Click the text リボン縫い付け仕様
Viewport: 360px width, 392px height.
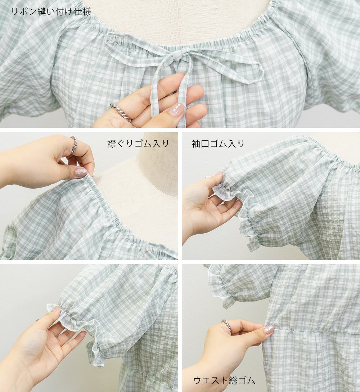[x=51, y=12]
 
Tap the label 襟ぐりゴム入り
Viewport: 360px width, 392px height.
[x=138, y=144]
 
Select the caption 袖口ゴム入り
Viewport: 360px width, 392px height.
[x=218, y=144]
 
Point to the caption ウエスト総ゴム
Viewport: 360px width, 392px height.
[x=224, y=380]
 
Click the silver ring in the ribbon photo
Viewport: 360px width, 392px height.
[x=121, y=112]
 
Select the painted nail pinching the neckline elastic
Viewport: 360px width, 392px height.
[x=81, y=172]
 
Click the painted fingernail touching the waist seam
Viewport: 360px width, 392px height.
[x=268, y=330]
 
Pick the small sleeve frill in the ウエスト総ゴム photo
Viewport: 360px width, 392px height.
[x=220, y=288]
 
